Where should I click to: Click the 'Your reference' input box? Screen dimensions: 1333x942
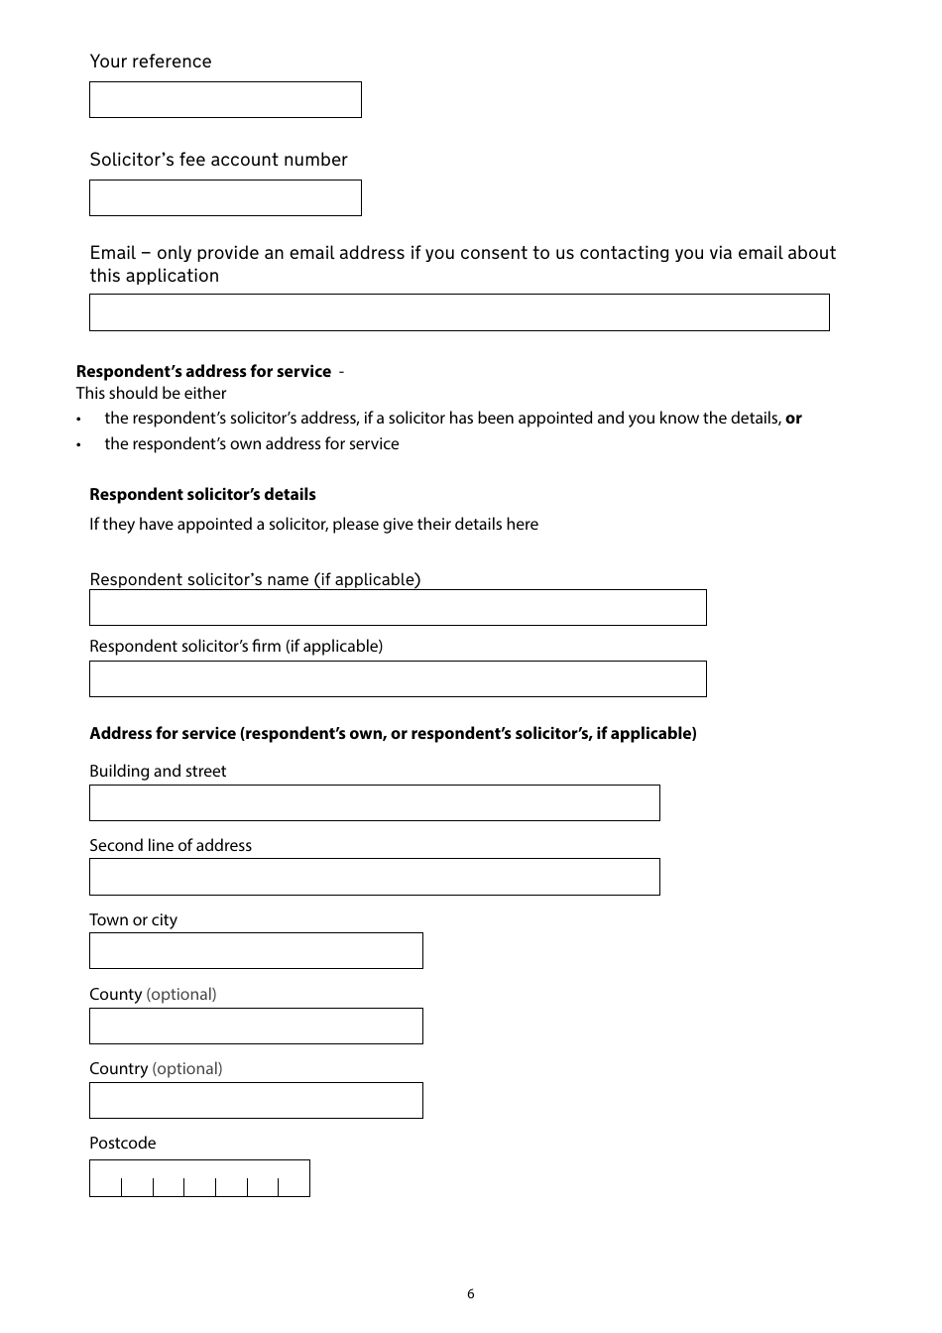point(225,100)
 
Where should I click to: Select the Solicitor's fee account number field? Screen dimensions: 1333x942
point(225,198)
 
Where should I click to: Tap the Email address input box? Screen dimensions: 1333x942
point(459,312)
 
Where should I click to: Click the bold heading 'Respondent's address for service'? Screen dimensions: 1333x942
point(203,371)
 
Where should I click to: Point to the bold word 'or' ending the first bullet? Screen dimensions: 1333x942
point(793,418)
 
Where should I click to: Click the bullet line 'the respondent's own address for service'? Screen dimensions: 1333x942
point(252,443)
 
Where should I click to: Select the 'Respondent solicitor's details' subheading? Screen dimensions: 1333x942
point(202,494)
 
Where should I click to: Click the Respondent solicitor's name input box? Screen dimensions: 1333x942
point(398,608)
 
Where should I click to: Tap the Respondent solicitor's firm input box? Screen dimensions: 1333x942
point(398,679)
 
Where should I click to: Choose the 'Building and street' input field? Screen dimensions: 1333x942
point(374,803)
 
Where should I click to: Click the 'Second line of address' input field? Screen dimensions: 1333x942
point(374,877)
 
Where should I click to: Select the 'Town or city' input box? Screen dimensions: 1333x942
point(256,951)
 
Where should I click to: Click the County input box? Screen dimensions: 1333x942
point(256,1027)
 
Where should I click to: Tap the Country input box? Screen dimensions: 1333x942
point(256,1101)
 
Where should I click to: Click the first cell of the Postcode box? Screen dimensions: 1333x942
point(106,1179)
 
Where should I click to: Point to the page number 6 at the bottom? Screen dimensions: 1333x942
point(470,1294)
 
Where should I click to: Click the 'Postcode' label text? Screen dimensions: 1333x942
point(122,1143)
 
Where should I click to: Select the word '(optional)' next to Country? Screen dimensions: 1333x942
point(187,1068)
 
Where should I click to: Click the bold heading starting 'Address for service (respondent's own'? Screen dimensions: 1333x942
point(393,733)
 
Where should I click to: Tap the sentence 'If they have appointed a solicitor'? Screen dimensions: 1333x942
point(313,524)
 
